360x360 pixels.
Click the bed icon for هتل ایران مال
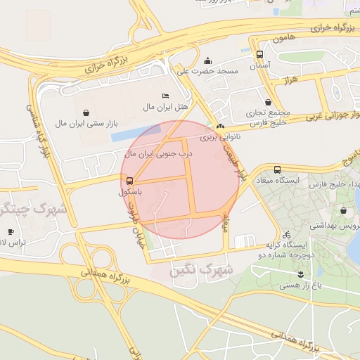click(165, 96)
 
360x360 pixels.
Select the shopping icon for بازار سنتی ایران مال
click(86, 112)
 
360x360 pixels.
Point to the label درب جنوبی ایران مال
click(157, 152)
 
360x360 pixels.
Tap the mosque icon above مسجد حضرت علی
click(207, 60)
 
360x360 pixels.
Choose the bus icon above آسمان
click(259, 54)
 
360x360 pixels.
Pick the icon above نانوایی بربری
click(221, 127)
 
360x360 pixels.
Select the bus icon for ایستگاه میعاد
click(277, 169)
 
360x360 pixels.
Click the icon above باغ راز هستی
click(300, 275)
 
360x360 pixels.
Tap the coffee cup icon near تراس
click(11, 231)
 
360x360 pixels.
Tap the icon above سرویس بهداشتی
click(343, 210)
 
